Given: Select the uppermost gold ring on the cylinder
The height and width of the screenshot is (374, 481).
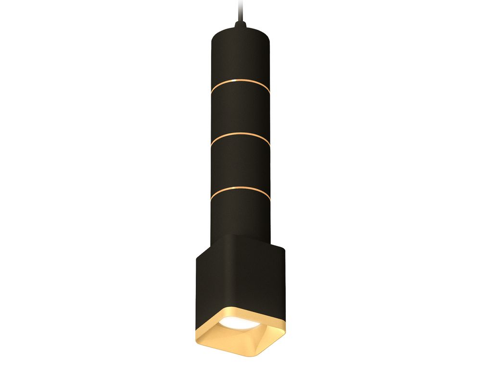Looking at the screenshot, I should pos(240,86).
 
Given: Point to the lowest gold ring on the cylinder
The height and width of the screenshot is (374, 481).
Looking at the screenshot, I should pos(240,191).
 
